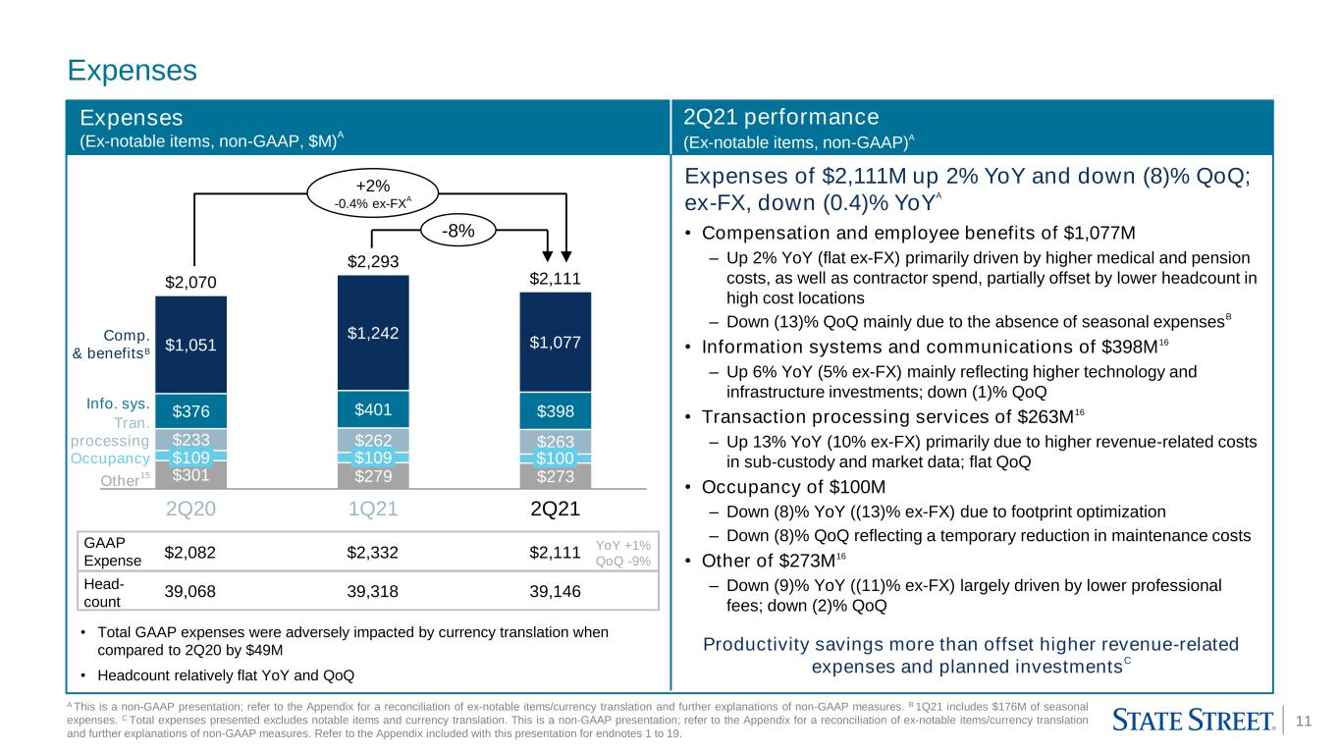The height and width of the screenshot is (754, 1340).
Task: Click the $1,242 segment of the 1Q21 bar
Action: pos(373,333)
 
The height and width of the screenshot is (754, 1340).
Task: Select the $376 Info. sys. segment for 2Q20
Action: pos(190,411)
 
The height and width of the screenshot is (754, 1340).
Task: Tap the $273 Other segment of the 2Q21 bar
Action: pos(556,476)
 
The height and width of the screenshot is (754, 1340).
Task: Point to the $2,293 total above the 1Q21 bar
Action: pos(373,261)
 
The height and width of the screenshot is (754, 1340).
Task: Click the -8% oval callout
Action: pos(458,231)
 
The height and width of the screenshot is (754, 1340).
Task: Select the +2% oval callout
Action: pos(373,192)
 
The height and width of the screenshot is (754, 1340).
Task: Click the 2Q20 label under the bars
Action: pos(190,509)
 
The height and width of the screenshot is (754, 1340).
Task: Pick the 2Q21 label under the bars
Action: pos(556,509)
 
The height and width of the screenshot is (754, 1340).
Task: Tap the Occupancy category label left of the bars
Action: pos(110,458)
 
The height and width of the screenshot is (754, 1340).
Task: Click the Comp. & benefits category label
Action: pos(111,344)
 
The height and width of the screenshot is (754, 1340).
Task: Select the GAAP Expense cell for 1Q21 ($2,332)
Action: pos(372,553)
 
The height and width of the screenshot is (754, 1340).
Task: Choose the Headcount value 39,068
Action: pos(189,591)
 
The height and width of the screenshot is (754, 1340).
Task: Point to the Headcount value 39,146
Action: pos(555,591)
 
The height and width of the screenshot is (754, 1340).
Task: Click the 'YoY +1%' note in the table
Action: pos(622,545)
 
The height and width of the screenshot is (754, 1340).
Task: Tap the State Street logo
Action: pos(1194,720)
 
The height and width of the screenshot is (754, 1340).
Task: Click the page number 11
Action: pos(1304,721)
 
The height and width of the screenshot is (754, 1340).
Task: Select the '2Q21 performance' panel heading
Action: pos(780,117)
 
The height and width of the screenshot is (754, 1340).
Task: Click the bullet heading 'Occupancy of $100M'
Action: pos(793,487)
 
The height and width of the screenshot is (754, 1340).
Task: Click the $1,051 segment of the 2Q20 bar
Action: pos(190,345)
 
